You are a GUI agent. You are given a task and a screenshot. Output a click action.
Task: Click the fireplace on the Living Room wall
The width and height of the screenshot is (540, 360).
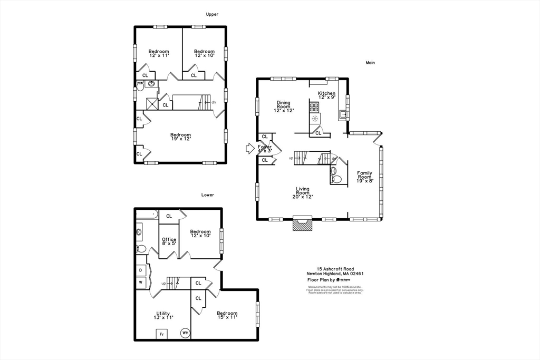click(x=303, y=224)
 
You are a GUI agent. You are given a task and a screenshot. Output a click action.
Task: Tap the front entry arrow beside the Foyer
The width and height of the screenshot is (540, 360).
click(x=250, y=149)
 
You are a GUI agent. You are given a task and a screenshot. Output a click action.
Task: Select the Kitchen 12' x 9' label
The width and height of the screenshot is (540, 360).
click(x=326, y=95)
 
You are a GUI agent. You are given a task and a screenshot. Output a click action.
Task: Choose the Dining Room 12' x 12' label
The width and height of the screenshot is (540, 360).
click(x=284, y=106)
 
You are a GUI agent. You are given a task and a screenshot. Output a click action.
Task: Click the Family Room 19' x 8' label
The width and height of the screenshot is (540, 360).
click(x=364, y=177)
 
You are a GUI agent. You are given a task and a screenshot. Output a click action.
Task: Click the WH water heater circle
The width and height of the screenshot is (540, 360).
click(x=185, y=333)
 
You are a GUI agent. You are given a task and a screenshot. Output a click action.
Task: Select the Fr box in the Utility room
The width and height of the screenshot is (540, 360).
click(x=161, y=334)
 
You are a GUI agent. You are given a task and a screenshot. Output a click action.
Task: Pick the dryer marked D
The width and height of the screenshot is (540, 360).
click(x=141, y=270)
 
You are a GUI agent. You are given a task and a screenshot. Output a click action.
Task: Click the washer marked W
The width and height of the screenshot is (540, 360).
click(x=141, y=283)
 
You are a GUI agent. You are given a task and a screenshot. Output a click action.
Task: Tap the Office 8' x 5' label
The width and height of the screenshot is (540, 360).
click(x=169, y=241)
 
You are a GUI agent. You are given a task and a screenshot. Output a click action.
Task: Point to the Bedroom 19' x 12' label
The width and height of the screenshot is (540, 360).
click(x=180, y=137)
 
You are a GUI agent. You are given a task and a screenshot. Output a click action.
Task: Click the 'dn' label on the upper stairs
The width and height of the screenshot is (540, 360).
click(x=214, y=102)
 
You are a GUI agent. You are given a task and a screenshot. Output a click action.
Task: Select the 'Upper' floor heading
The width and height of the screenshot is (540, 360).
click(x=212, y=14)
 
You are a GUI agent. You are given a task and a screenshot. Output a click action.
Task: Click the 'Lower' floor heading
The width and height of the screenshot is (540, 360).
click(x=208, y=194)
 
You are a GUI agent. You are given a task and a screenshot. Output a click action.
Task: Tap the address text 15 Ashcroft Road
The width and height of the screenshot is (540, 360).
click(x=335, y=268)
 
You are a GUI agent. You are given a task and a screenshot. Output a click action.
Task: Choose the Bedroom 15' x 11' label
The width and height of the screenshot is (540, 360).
click(x=227, y=315)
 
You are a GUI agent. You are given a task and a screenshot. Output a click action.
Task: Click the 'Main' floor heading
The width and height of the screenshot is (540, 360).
click(x=370, y=63)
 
